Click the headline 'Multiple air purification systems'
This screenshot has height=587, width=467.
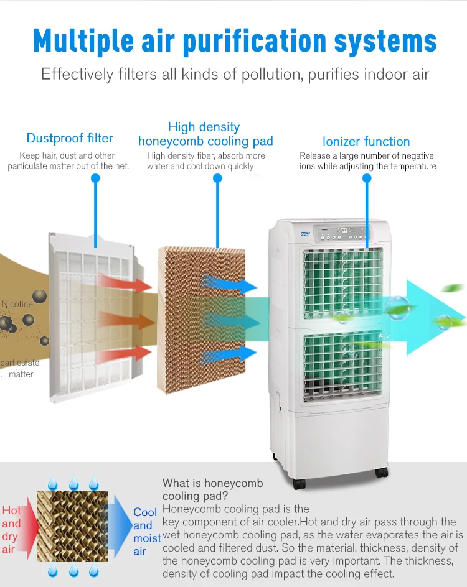tap(234, 41)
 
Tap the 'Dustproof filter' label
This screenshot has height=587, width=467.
tap(70, 138)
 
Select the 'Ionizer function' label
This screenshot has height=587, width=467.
tap(366, 141)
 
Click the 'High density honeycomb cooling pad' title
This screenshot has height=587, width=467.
tap(205, 134)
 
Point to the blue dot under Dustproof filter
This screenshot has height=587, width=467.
tap(95, 178)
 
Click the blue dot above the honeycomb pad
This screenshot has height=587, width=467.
tap(217, 178)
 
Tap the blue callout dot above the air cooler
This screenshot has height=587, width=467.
tap(367, 178)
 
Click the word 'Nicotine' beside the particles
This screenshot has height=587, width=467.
tap(17, 304)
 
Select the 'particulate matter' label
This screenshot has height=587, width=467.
tap(21, 368)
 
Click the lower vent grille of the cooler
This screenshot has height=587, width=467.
tap(342, 367)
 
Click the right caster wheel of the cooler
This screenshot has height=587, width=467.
tap(380, 473)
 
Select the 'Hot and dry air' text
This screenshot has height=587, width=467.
tap(11, 530)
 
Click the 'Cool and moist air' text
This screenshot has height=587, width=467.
tap(146, 532)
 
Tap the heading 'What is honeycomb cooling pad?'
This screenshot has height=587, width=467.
tap(212, 489)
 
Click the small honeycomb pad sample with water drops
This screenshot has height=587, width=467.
tap(72, 527)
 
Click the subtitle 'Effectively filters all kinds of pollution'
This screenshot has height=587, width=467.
tap(235, 74)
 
